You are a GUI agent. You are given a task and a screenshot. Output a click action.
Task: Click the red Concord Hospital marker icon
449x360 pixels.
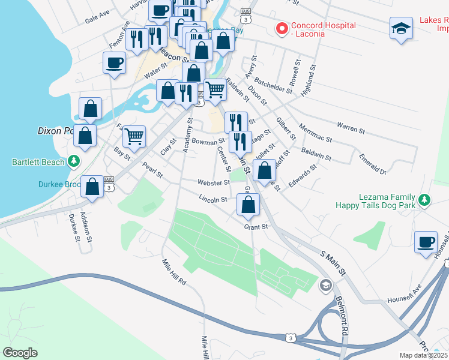[280, 29]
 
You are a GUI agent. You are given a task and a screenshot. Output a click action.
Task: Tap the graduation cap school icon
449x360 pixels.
[401, 28]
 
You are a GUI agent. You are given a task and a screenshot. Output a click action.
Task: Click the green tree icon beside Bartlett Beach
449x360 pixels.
[74, 161]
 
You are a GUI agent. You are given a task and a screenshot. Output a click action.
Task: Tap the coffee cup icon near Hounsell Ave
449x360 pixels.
[426, 242]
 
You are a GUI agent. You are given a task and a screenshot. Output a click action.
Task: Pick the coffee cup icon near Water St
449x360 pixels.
[114, 62]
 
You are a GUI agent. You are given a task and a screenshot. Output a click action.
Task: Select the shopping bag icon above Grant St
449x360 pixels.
[248, 205]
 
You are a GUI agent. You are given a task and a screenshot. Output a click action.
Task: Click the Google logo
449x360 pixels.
[20, 352]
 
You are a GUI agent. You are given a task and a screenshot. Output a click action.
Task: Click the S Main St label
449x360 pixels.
[333, 263]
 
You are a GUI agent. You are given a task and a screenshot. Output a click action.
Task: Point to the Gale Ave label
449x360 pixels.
[97, 17]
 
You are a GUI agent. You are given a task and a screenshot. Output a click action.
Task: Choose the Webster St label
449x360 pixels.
[214, 182]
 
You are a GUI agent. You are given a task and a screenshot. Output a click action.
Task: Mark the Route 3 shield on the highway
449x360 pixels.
[291, 338]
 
